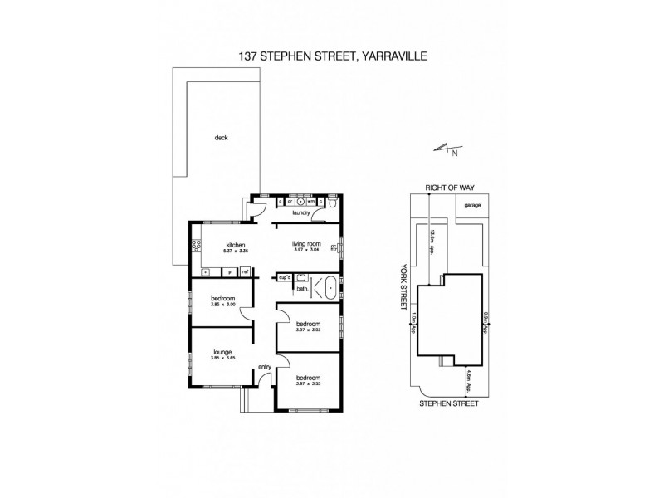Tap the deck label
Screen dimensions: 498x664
pos(220,139)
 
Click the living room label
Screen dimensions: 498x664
pos(307,244)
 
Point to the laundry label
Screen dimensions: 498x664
pos(300,213)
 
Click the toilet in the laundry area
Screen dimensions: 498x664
pos(331,202)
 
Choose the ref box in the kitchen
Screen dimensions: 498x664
pos(246,271)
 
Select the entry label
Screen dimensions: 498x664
pos(265,367)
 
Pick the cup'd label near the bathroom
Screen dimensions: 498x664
pos(284,280)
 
